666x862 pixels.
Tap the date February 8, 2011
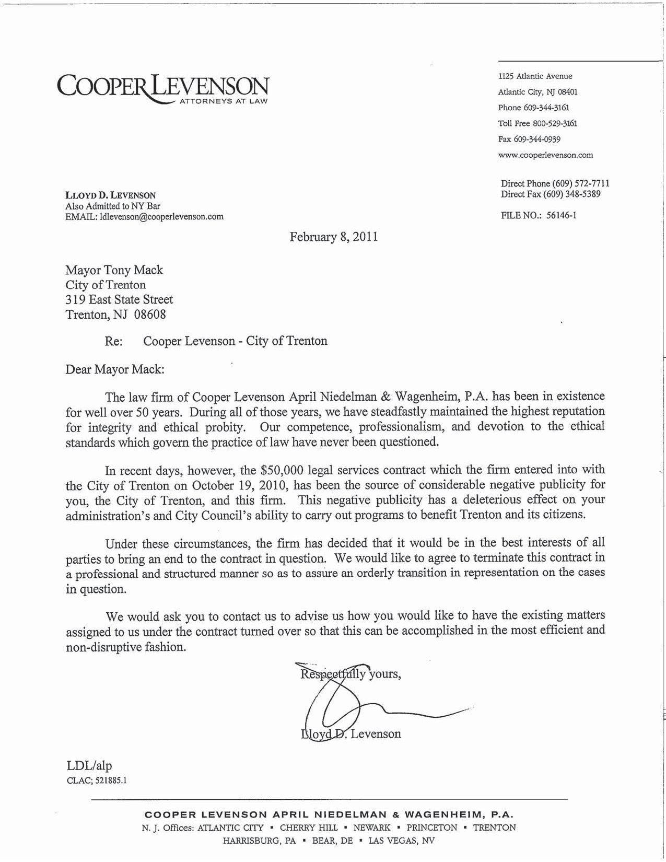tap(334, 237)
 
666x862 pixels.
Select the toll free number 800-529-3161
tap(555, 124)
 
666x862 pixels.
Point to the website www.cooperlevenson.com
tap(546, 155)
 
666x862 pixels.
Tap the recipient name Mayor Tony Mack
tap(114, 270)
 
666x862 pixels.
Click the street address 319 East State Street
tap(119, 299)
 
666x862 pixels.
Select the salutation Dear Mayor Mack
tap(114, 369)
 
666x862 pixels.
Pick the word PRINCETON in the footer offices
tap(431, 828)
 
